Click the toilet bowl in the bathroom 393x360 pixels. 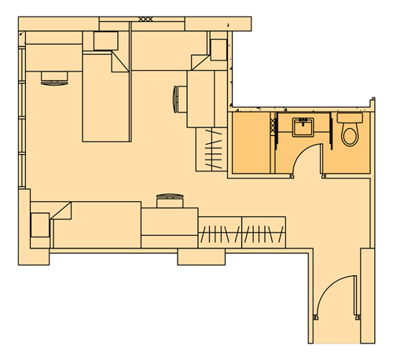tap(350, 135)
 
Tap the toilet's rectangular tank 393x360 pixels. tap(348, 117)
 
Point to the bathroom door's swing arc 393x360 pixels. tap(302, 153)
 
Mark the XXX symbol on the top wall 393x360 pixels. tap(145, 18)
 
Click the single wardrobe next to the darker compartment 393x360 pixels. tap(212, 150)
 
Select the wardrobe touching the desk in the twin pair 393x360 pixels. tap(219, 233)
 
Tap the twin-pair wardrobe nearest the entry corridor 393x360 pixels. tap(263, 233)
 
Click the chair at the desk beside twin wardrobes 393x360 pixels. tap(169, 200)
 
